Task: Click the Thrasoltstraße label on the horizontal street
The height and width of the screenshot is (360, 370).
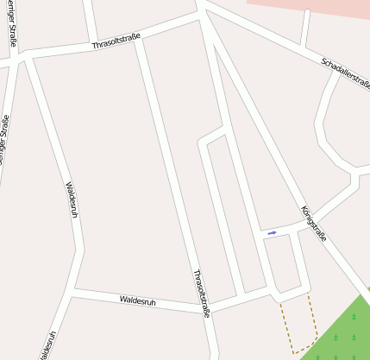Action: [116, 40]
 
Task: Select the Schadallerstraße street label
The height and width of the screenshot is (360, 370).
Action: [345, 73]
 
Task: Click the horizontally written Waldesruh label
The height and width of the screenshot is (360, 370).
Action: [138, 300]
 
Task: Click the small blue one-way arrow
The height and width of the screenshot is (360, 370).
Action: [272, 232]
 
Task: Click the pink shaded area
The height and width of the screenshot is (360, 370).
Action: [319, 7]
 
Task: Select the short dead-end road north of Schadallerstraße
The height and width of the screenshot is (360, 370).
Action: [304, 28]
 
